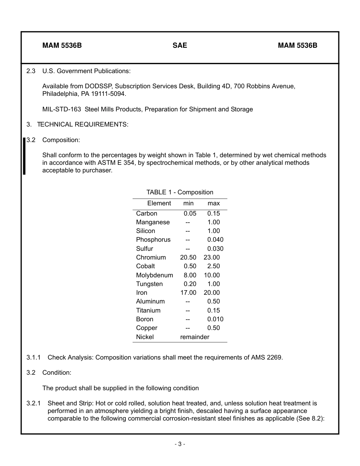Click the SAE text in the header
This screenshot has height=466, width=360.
(x=180, y=45)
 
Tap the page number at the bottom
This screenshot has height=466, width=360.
(x=180, y=444)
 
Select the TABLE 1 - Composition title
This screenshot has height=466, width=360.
(x=180, y=192)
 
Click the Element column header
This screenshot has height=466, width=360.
(x=159, y=203)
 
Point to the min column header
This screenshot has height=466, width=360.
(x=188, y=203)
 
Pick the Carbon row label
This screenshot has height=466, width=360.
(x=146, y=213)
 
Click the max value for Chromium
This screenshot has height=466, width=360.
(x=211, y=257)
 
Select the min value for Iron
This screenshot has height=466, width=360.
(x=188, y=292)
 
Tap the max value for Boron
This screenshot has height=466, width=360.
(x=215, y=319)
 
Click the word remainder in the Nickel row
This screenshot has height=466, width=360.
(x=194, y=337)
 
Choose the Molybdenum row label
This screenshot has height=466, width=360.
(x=154, y=275)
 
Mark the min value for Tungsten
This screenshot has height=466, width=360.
(x=190, y=284)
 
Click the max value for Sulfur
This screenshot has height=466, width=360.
(x=215, y=249)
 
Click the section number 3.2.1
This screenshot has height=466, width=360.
(x=34, y=403)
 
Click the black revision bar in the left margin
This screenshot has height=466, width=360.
(x=24, y=156)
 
